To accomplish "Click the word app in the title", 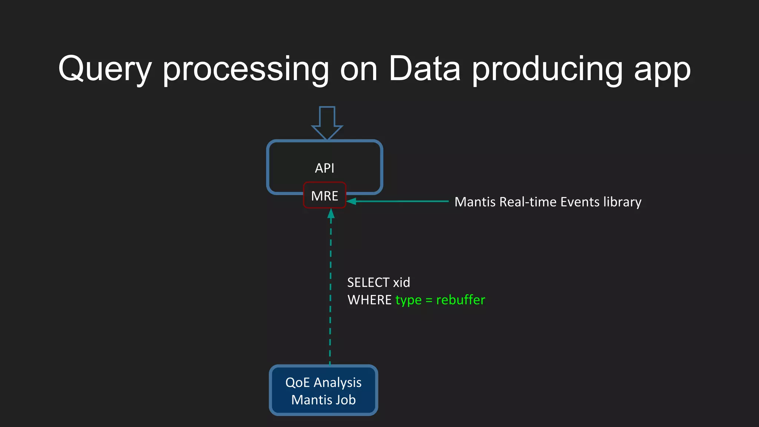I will coord(662,70).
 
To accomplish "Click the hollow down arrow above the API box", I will coord(327,122).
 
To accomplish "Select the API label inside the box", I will coord(324,168).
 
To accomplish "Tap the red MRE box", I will coord(324,195).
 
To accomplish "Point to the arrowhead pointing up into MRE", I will coord(331,213).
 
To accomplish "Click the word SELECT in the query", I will coord(368,282).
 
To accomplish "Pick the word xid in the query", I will coord(401,282).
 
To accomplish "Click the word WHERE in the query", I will coord(369,300).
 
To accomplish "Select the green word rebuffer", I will coord(460,300).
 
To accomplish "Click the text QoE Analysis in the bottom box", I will coord(323,383).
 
